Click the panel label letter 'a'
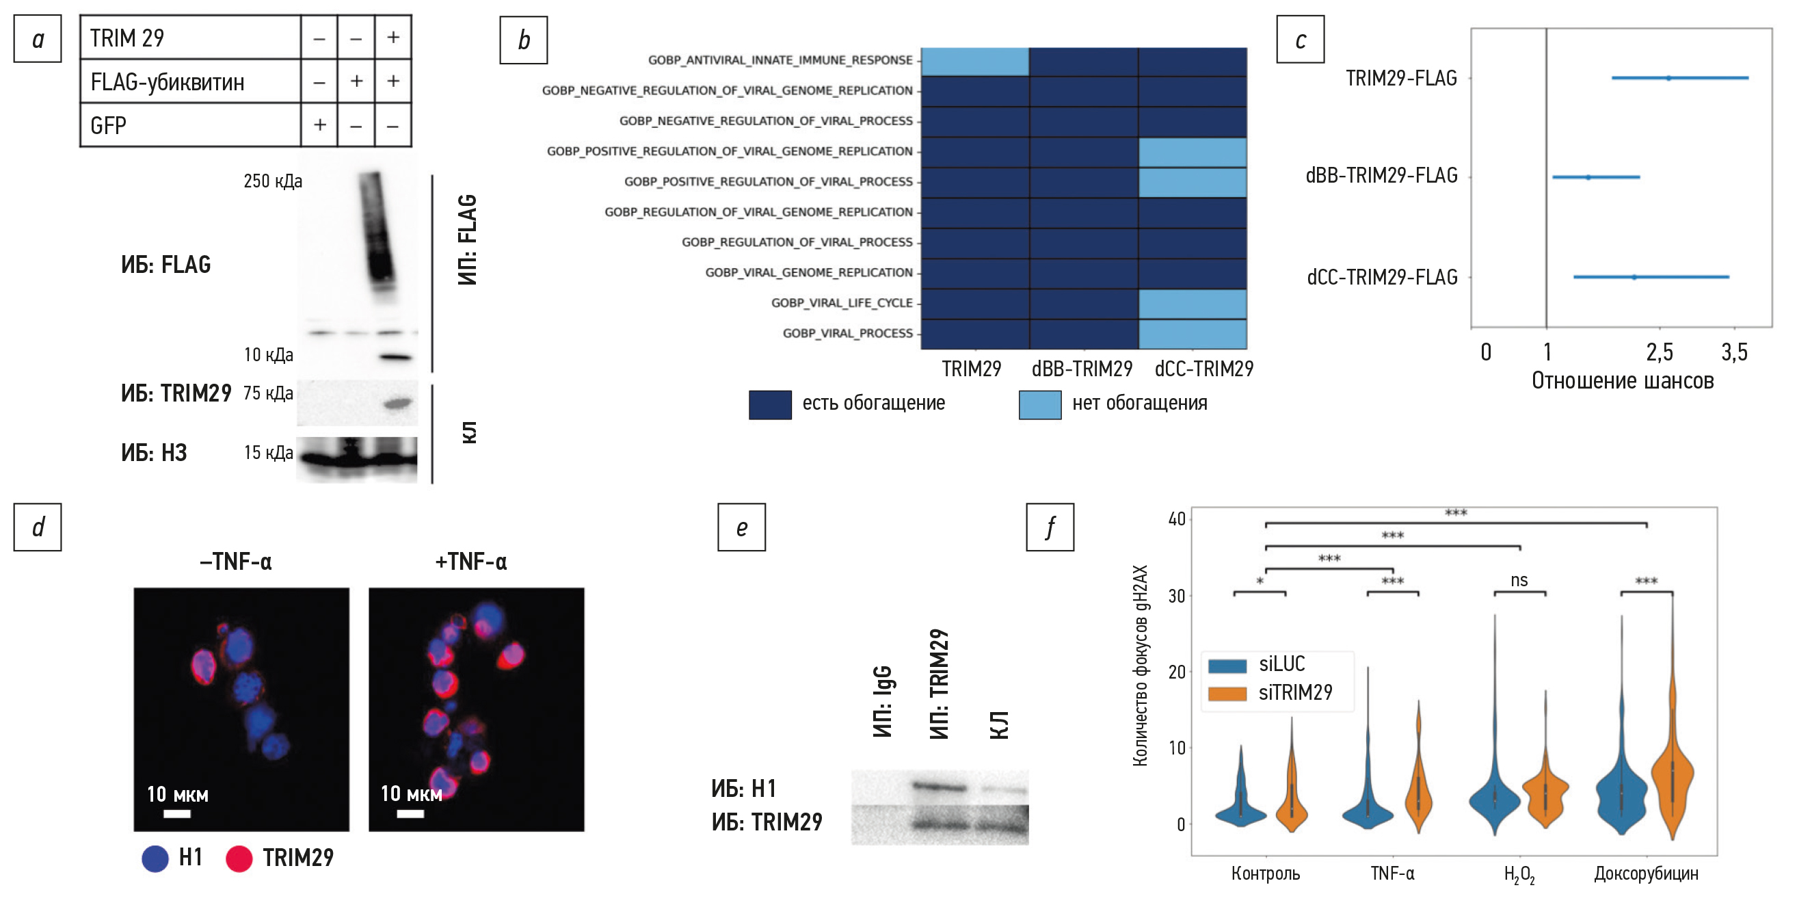(x=38, y=39)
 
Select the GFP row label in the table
(x=108, y=126)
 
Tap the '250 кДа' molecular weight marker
(x=272, y=181)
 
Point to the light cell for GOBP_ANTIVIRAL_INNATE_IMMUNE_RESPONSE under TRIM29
(x=974, y=61)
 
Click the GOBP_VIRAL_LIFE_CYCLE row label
(x=841, y=303)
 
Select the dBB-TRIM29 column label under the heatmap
(x=1082, y=369)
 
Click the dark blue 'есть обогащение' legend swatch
(x=769, y=405)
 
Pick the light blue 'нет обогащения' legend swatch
(x=1039, y=405)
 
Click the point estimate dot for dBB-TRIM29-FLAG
(x=1588, y=177)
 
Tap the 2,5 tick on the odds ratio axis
(x=1659, y=352)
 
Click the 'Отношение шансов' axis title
(x=1622, y=381)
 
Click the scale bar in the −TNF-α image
(x=177, y=813)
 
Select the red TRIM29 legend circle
(x=239, y=858)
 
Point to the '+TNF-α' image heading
(x=471, y=562)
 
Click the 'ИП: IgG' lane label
(x=883, y=700)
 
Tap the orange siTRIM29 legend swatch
(x=1227, y=694)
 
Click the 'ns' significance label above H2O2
(x=1519, y=580)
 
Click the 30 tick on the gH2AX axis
(x=1177, y=596)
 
